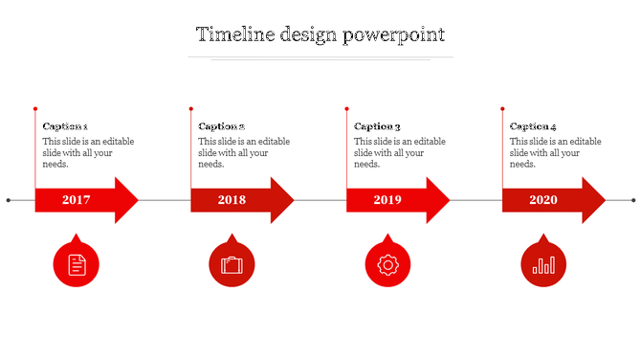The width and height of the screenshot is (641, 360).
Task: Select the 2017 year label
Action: click(x=76, y=200)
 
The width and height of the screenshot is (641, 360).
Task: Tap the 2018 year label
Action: click(x=232, y=200)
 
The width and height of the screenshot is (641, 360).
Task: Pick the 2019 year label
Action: click(x=387, y=200)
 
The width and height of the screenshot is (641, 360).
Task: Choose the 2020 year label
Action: click(x=542, y=200)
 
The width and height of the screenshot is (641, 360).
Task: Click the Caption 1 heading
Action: click(x=65, y=126)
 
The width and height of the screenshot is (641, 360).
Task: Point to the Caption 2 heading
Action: click(x=221, y=126)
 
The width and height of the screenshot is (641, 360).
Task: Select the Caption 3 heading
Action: click(x=377, y=126)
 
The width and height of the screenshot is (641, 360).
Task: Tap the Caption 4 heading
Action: click(x=533, y=126)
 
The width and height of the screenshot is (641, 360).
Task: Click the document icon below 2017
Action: click(x=77, y=264)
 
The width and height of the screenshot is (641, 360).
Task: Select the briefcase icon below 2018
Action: click(x=232, y=264)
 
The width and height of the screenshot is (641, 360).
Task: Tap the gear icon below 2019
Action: click(x=387, y=264)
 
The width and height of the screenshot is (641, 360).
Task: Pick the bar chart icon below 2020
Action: click(x=542, y=264)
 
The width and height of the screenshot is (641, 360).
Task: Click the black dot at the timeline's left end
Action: click(x=9, y=200)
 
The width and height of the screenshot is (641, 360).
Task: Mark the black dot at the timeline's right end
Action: click(x=633, y=200)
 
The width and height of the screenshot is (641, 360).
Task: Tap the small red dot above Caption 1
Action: click(x=35, y=108)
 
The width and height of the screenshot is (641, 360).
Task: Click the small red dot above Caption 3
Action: click(x=346, y=108)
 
